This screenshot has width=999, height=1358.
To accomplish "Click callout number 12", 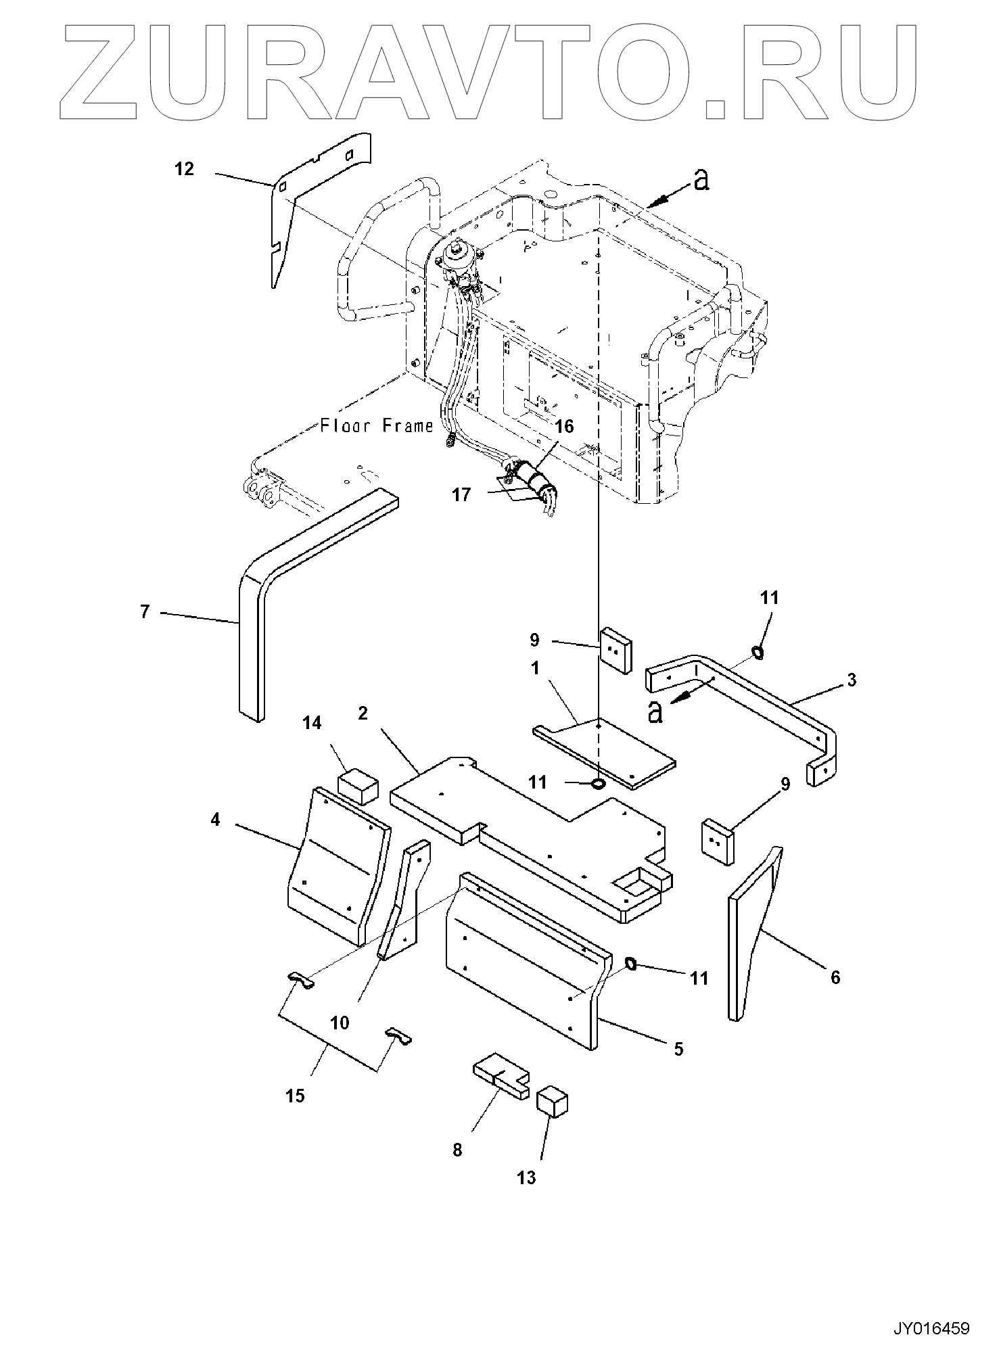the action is tap(185, 169).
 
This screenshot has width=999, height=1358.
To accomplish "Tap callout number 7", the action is tap(145, 611).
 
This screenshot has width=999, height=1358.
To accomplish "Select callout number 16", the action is tap(564, 426).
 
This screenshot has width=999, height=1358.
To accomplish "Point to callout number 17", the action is tap(461, 495).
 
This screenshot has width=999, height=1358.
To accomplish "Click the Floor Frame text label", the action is tap(376, 426).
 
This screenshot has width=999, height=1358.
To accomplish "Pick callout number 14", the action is tap(312, 723).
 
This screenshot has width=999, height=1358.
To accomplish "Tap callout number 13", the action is tap(526, 1177).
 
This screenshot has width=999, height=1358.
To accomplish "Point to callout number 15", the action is tap(296, 1096).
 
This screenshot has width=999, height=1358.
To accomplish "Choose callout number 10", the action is tap(340, 1023).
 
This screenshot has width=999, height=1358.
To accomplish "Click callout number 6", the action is tap(835, 977).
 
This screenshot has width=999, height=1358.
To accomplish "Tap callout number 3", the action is tap(852, 680).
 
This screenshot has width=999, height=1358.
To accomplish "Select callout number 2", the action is tap(363, 713).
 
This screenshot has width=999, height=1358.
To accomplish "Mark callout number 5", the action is tap(679, 1049).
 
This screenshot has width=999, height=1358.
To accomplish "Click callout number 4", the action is tap(215, 820).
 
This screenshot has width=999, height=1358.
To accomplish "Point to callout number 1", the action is tap(536, 668).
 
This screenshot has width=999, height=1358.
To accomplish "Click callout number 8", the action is tap(458, 1150).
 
